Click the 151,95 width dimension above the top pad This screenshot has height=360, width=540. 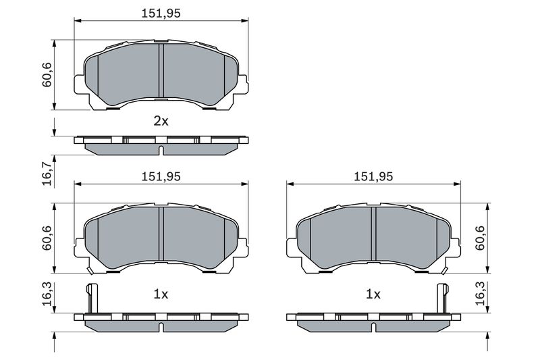pos(161,13)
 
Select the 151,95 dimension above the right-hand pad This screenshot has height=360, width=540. pos(373,176)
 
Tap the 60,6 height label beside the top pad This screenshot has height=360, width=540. pos(47,75)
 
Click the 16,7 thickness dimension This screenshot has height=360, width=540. pos(47,170)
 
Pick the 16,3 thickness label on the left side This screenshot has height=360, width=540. pos(47,294)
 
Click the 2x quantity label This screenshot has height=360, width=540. pos(161,122)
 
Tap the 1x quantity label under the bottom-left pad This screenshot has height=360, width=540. pos(161,294)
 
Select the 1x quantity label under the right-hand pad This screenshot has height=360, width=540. pos(373,294)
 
